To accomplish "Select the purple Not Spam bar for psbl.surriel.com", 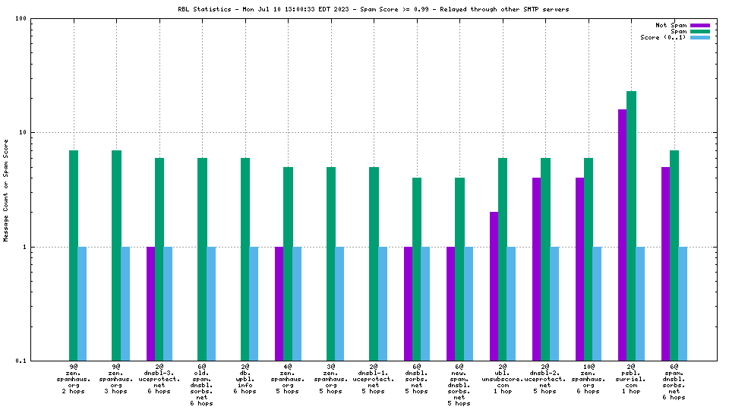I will pos(623,235).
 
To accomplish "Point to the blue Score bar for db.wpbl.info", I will pos(254,304).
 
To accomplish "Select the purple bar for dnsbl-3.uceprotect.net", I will pos(150,304).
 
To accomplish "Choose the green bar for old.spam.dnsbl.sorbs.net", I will pos(202,259).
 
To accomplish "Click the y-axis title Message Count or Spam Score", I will pos(6,190).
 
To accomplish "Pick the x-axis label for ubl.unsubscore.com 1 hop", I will pos(503,379).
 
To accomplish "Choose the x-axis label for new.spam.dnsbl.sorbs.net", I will pos(459,385).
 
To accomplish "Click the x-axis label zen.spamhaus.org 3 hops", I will pos(116,379).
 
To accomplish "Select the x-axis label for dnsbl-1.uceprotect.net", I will pos(374,379).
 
